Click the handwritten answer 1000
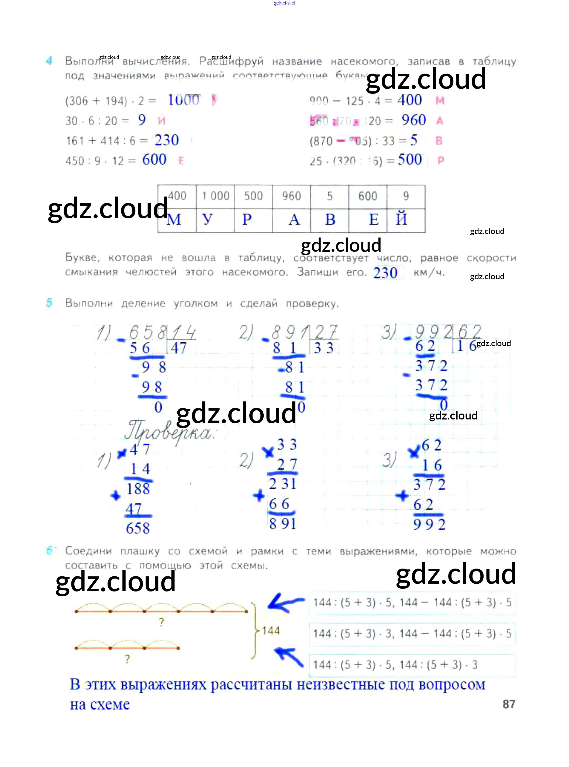183,100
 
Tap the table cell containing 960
291,196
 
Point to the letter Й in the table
402,219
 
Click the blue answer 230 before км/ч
385,273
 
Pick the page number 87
509,704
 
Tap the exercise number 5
49,303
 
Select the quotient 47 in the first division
179,348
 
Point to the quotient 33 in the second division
323,348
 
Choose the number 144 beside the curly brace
271,631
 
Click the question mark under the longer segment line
161,622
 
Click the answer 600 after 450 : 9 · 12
154,160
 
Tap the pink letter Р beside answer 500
440,160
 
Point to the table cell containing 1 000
216,196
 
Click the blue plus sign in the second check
258,496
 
